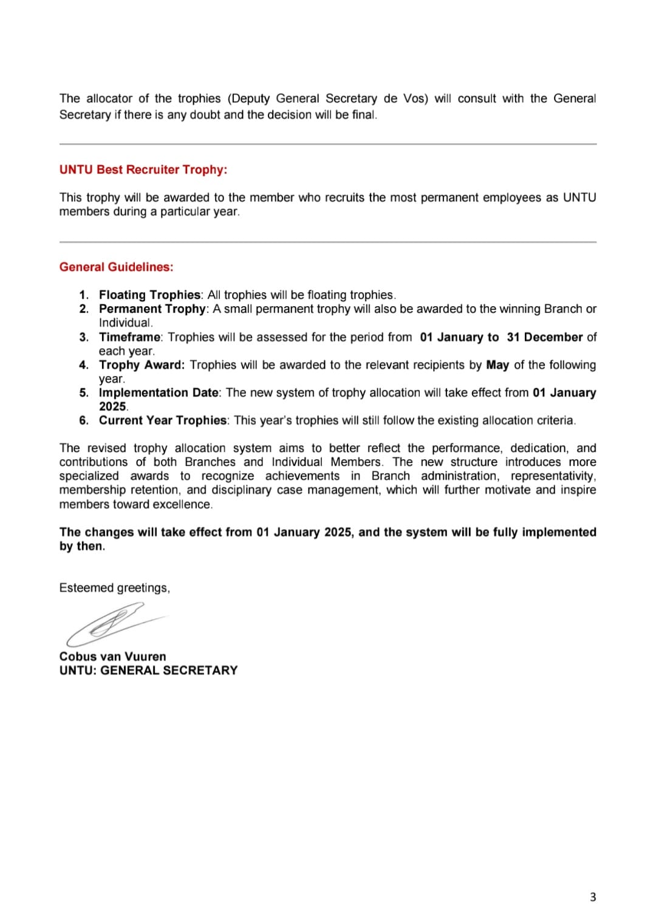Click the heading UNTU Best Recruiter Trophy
[143, 170]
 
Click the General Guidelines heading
[116, 267]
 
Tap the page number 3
[593, 897]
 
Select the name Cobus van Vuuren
[112, 657]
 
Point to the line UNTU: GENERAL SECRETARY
[148, 671]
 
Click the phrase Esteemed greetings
[114, 588]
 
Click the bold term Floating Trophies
[149, 295]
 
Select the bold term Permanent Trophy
[152, 309]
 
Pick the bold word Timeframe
[130, 337]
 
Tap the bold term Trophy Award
[141, 365]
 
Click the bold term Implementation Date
[159, 393]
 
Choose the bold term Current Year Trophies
[163, 420]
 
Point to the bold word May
[497, 365]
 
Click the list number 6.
[84, 420]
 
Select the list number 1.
[84, 295]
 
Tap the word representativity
[553, 476]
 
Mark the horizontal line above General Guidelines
[328, 242]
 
